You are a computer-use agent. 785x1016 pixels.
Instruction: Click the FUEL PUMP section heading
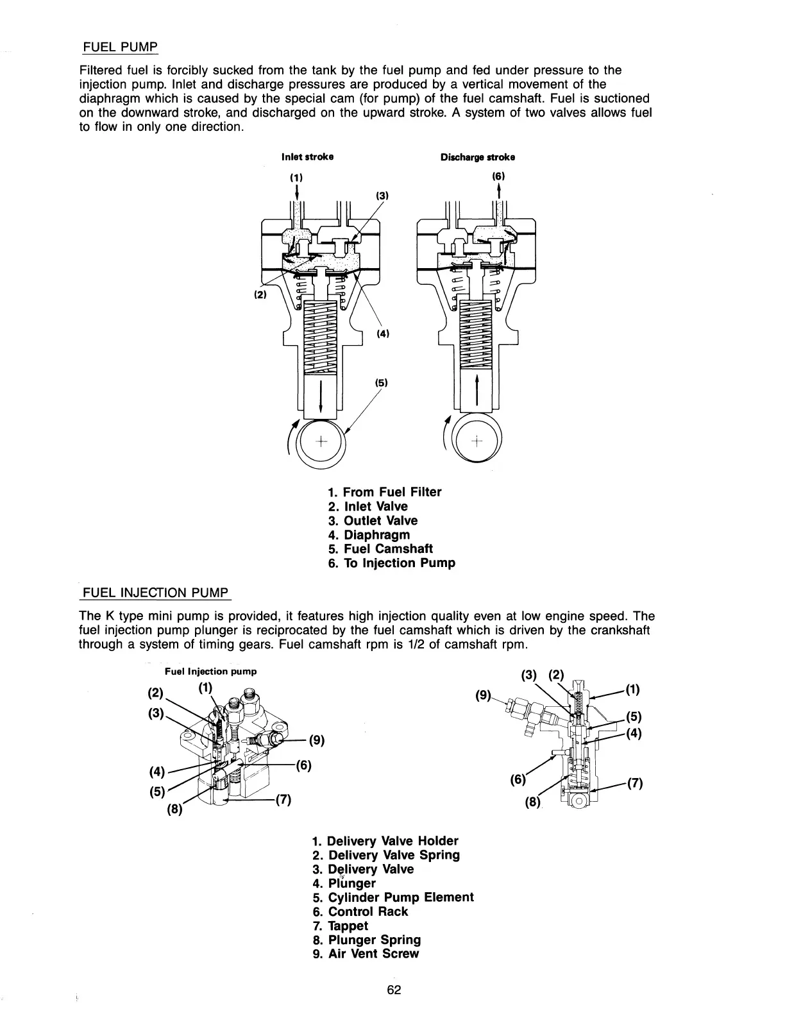click(x=121, y=47)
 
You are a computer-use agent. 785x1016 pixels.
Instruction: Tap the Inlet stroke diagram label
click(x=307, y=157)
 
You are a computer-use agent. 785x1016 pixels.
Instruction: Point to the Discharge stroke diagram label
click(x=478, y=157)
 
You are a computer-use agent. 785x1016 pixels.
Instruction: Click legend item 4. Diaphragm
click(x=369, y=535)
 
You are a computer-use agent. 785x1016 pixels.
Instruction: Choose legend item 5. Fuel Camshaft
click(x=380, y=549)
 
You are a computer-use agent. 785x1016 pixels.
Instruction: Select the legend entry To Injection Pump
click(x=391, y=563)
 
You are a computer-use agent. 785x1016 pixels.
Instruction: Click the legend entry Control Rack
click(x=360, y=911)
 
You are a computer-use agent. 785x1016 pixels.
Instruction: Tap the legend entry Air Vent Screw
click(x=366, y=954)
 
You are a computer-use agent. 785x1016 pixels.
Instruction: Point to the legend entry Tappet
click(x=340, y=926)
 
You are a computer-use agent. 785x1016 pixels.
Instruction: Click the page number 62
click(x=394, y=990)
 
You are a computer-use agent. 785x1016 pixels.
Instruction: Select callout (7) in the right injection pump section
click(x=635, y=783)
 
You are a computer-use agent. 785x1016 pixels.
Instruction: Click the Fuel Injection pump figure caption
click(x=211, y=672)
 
